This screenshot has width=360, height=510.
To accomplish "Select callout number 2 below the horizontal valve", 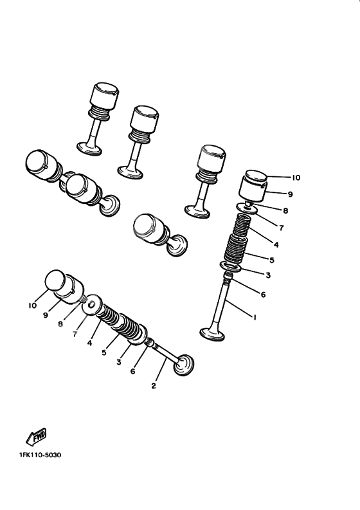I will (x=152, y=386).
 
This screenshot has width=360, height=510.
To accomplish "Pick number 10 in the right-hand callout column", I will (x=296, y=178).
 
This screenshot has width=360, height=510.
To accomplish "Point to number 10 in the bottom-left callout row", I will (x=32, y=306).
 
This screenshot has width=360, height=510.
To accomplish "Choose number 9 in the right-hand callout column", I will (x=290, y=193).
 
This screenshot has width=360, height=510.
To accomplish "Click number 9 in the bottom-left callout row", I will (x=46, y=315).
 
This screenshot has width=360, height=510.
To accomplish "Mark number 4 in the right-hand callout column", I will (x=275, y=244).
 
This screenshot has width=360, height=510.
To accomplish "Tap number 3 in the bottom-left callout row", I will (x=118, y=363).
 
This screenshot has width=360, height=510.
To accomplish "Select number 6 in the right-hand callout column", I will (x=263, y=295).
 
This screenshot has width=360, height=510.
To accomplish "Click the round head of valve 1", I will (x=212, y=334).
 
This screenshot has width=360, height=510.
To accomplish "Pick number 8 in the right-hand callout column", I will (x=285, y=210).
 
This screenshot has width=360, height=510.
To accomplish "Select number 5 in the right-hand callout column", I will (x=272, y=260).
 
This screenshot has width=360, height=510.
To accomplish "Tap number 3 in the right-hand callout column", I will (x=268, y=275).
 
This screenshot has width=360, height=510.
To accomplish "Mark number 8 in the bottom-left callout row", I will (x=60, y=325).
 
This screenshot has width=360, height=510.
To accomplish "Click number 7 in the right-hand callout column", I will (x=281, y=228).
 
